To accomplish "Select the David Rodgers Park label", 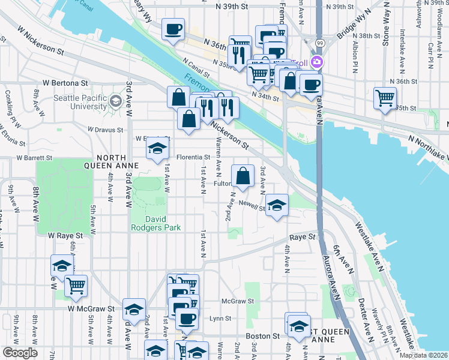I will point(156,223).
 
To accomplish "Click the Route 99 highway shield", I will point(320,43).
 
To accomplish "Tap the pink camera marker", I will point(316,62).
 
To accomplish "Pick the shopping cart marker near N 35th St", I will point(385,97).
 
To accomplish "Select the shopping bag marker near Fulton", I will point(243,176).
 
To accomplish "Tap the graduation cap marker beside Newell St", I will point(277,205).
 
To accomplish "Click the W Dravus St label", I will point(105,129).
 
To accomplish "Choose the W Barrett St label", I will point(34,158).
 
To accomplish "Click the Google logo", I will point(20,353).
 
